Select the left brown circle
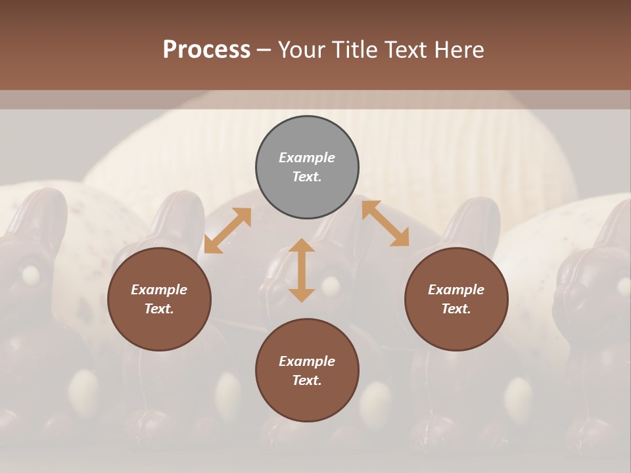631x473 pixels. pos(159,299)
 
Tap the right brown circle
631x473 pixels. pos(456,299)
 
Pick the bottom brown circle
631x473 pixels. pos(307,371)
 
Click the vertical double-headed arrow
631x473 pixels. pos(302,270)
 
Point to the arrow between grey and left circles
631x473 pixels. pos(227,231)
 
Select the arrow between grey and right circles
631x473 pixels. pos(385,223)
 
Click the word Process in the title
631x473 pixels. pos(206,49)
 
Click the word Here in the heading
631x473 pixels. pos(459,49)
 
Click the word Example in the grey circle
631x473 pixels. pos(307,158)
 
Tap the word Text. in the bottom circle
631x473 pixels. pos(307,380)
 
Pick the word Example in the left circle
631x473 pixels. pos(159,290)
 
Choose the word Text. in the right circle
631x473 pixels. pos(456,309)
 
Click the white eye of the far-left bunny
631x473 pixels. pos(30,274)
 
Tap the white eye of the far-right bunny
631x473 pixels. pos(623,284)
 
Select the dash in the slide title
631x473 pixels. pos(264,50)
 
